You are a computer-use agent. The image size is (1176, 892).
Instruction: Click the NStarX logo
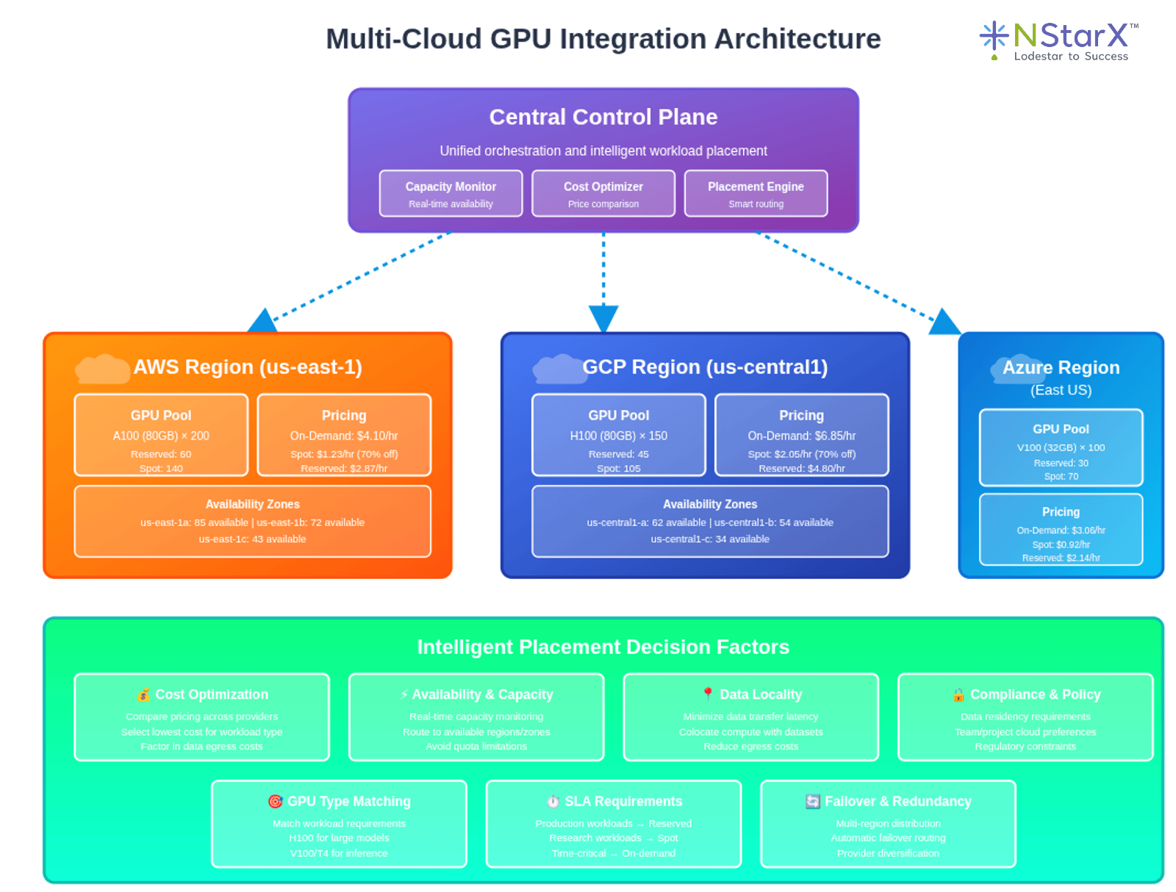tap(1058, 41)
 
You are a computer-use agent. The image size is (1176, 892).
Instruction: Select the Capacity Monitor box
tap(451, 194)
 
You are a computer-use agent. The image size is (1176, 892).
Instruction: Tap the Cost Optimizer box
tap(603, 194)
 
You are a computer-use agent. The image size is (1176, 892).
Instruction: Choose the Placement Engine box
tap(756, 194)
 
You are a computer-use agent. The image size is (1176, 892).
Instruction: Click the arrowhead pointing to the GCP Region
tap(603, 319)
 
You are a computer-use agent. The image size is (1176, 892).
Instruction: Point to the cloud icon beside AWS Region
tap(102, 369)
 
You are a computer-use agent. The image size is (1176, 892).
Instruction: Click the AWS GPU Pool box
tap(161, 435)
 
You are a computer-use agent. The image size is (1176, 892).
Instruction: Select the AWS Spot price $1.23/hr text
tap(344, 454)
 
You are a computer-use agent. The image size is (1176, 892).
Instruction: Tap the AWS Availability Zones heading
tap(252, 504)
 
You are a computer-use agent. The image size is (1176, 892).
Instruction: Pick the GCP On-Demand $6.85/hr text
tap(801, 436)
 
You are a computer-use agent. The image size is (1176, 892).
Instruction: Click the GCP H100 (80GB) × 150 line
tap(618, 436)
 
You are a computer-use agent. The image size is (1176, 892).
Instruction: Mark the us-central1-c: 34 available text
tap(710, 539)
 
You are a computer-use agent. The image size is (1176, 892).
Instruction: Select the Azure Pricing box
tap(1061, 529)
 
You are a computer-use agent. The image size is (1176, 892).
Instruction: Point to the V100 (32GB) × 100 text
tap(1061, 447)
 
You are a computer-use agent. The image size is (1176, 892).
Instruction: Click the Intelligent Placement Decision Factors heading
tap(603, 647)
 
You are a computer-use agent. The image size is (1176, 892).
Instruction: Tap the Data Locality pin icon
tap(708, 694)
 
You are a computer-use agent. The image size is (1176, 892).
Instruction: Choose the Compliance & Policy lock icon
tap(958, 694)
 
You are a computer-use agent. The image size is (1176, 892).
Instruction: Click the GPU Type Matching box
tap(339, 824)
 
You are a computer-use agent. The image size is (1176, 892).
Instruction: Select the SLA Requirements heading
tap(623, 802)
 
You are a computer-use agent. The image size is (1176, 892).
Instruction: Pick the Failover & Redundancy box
tap(888, 824)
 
